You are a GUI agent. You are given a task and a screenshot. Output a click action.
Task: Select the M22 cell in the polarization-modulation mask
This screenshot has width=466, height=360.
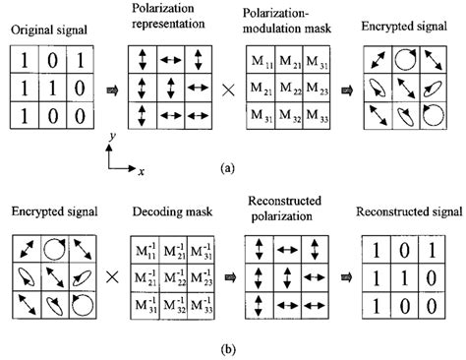288,92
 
